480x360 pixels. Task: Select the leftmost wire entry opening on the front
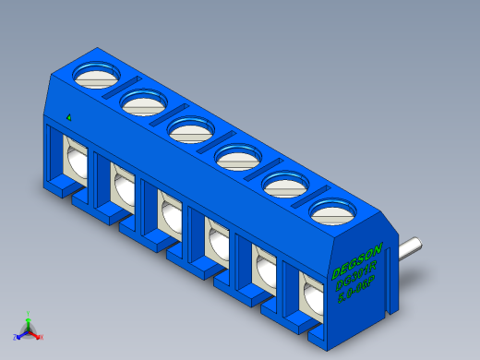(x=74, y=157)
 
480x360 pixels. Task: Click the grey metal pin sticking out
(x=410, y=247)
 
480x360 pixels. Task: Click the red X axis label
(x=42, y=337)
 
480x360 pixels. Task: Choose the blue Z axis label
(x=16, y=337)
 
